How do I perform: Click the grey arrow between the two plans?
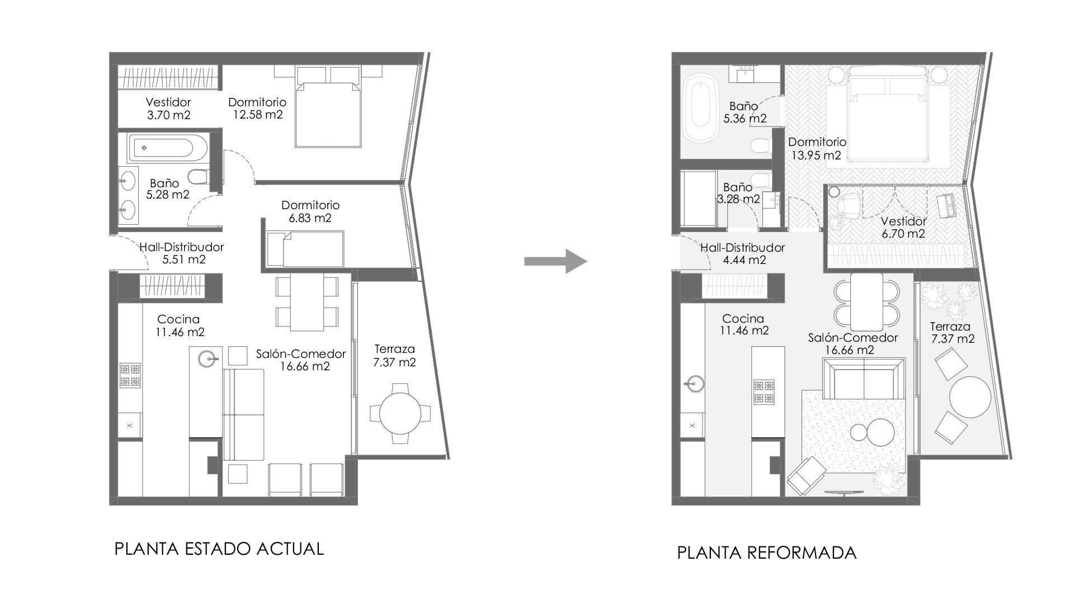coord(555,261)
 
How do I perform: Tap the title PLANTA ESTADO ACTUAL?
coord(219,549)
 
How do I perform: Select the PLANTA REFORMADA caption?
coord(767,553)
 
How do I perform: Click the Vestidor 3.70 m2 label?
coord(168,108)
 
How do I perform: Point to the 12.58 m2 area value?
coord(255,115)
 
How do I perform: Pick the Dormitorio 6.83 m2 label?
coord(310,211)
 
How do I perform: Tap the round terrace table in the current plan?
coord(400,414)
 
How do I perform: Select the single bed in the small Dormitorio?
coord(305,249)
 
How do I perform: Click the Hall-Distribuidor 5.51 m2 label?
coord(181,253)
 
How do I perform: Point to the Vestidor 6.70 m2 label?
coord(903,228)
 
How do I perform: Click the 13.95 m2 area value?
coord(816,155)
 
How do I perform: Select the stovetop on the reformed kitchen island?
coord(764,392)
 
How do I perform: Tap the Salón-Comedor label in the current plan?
coord(301,353)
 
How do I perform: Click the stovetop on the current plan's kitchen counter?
coord(130,375)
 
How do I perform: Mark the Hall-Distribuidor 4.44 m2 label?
coord(742,253)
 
